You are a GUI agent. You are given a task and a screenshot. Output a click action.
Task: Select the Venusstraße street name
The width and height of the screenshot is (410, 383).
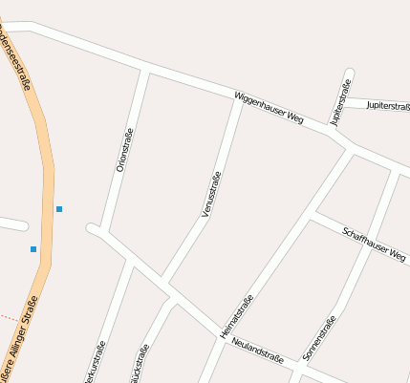tap(212, 194)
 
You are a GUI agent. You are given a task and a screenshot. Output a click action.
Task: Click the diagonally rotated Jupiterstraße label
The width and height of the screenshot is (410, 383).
tap(341, 104)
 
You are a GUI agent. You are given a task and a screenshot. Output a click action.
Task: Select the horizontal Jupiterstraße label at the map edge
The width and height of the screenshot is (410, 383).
tap(387, 106)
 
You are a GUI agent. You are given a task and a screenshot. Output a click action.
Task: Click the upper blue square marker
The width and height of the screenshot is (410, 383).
tap(59, 208)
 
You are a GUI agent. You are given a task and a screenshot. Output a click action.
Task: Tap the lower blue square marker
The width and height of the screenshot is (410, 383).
tap(33, 249)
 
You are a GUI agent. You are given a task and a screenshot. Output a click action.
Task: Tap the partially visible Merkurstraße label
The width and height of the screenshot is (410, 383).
tap(92, 366)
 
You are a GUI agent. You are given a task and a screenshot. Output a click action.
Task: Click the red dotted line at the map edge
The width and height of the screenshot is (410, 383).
tap(8, 316)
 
